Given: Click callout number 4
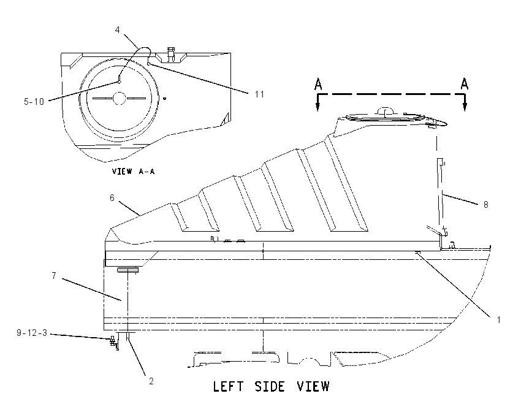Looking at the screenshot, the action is (117, 30).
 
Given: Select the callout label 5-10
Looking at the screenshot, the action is (34, 102).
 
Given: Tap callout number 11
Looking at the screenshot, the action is (259, 94).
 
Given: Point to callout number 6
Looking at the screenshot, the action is (112, 198).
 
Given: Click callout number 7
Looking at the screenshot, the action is (54, 276).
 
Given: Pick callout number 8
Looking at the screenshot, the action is (486, 205).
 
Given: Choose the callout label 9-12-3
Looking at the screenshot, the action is (32, 333).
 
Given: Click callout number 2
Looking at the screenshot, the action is (151, 381).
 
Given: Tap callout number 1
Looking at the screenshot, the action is (498, 320).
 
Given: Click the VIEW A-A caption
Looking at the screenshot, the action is (133, 172).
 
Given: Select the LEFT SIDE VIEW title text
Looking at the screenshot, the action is (271, 387).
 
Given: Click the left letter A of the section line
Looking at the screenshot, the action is (318, 84).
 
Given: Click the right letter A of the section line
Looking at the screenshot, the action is (465, 83).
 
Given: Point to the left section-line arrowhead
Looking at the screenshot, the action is (318, 107).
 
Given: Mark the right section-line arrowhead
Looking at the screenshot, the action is (465, 107).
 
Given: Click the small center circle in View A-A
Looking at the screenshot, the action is (119, 98).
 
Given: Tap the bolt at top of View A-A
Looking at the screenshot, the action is (171, 55).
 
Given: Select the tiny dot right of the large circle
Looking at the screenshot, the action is (164, 98).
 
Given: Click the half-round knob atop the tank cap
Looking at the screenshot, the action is (385, 110).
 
